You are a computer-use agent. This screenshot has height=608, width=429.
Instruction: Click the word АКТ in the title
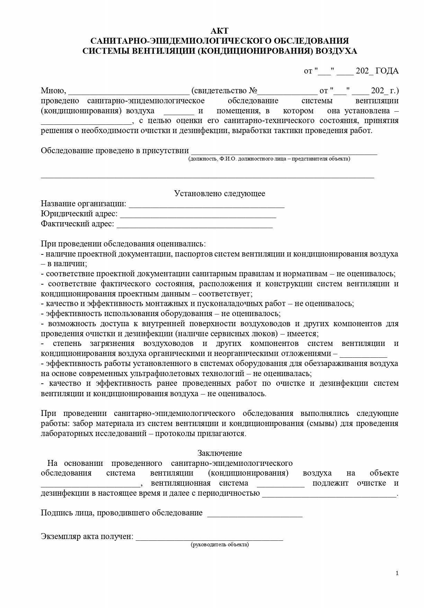coord(220,31)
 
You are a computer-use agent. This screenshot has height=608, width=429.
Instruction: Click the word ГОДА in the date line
coord(387,71)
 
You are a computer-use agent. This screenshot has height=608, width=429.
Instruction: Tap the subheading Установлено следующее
coord(220,193)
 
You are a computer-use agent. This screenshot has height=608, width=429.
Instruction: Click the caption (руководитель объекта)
coord(220,545)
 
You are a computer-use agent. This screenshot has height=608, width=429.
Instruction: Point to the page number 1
coord(397,573)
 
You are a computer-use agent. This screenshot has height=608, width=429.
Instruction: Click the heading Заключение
coord(220,453)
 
